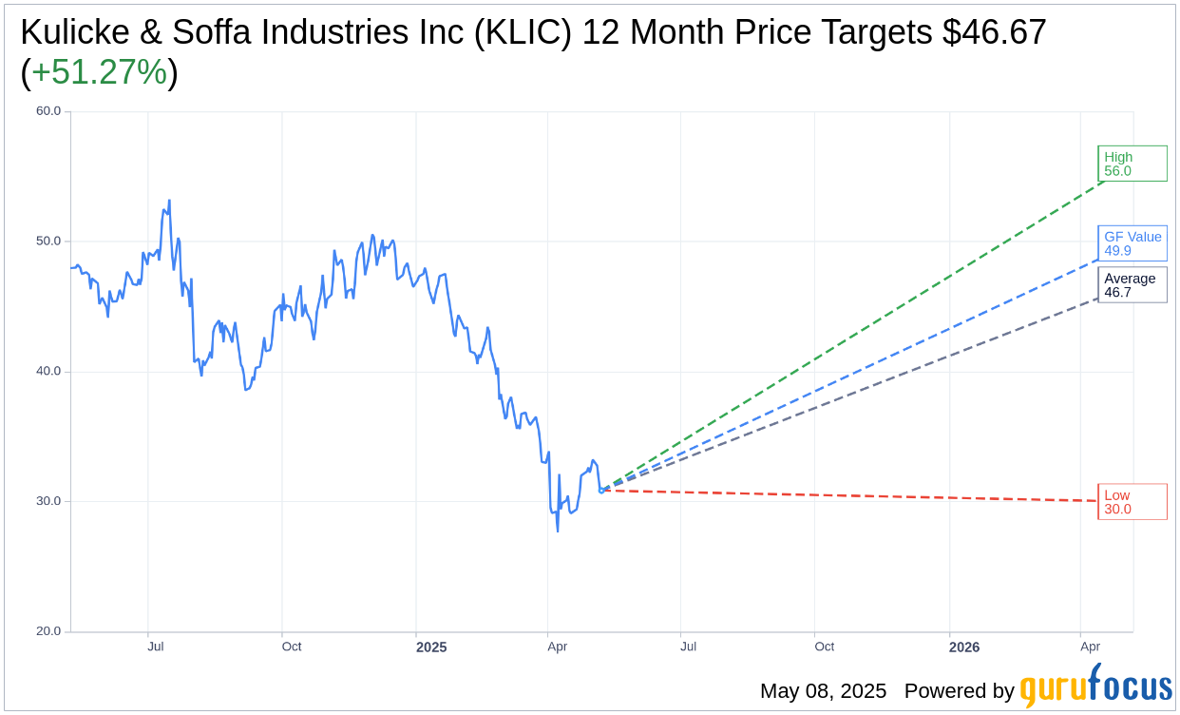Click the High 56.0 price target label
point(1132,164)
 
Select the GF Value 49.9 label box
point(1132,243)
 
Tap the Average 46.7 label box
point(1132,284)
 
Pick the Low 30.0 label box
point(1132,501)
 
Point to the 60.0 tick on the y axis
point(48,111)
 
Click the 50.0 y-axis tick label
point(48,242)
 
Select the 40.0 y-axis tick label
point(48,372)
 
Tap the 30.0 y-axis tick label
point(48,501)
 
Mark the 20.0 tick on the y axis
point(48,631)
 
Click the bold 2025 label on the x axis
point(431,647)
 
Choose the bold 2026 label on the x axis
point(964,647)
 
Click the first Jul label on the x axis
point(156,647)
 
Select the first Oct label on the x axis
point(292,647)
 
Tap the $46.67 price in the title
point(994,32)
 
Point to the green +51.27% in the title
point(99,72)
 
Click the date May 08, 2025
point(823,691)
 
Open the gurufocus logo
point(1095,686)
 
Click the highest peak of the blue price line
point(169,201)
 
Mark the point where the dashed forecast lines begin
point(601,491)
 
